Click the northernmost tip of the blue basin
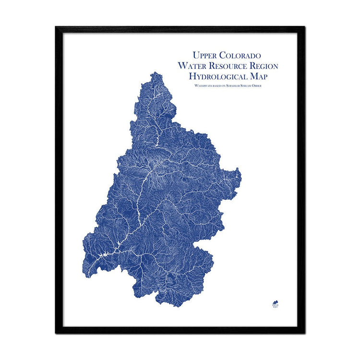155,73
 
